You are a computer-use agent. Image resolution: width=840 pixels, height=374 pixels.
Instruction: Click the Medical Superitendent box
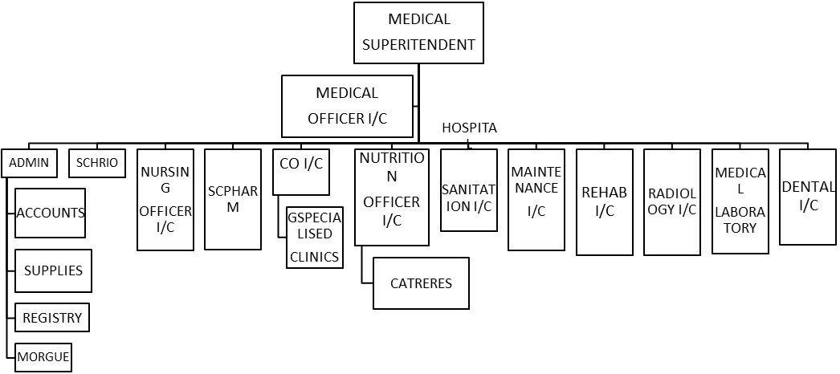tap(418, 33)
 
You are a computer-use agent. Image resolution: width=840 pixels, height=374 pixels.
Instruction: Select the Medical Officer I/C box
tap(347, 106)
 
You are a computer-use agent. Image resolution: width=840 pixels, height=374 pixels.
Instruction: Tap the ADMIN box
tap(29, 163)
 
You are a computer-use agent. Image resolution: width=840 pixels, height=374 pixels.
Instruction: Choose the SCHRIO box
tap(97, 163)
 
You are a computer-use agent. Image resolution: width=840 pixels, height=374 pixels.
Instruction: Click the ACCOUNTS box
tap(50, 213)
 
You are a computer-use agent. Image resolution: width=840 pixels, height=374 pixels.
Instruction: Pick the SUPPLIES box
tap(53, 270)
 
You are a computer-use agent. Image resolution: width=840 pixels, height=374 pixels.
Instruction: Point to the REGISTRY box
tap(52, 318)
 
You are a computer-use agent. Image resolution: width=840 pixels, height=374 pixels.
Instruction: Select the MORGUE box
tap(43, 356)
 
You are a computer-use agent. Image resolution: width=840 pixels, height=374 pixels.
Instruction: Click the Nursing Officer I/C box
tap(165, 200)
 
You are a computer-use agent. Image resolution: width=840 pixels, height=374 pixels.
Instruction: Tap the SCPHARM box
tap(233, 200)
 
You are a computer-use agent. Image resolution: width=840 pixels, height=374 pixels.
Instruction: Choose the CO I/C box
tap(301, 171)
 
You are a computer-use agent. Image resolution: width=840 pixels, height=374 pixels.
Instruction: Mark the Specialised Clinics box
tap(314, 238)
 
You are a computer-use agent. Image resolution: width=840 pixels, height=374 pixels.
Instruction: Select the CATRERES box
tap(421, 283)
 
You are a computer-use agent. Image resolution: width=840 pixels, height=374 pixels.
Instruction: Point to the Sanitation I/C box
tap(468, 190)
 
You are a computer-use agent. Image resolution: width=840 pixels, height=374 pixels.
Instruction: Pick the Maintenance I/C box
tap(536, 200)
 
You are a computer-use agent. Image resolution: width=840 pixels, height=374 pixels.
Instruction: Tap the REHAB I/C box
tap(604, 202)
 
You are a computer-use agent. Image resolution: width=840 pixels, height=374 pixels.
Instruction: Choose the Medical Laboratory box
tap(740, 201)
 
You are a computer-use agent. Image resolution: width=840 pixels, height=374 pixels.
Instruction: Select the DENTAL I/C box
tap(807, 197)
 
